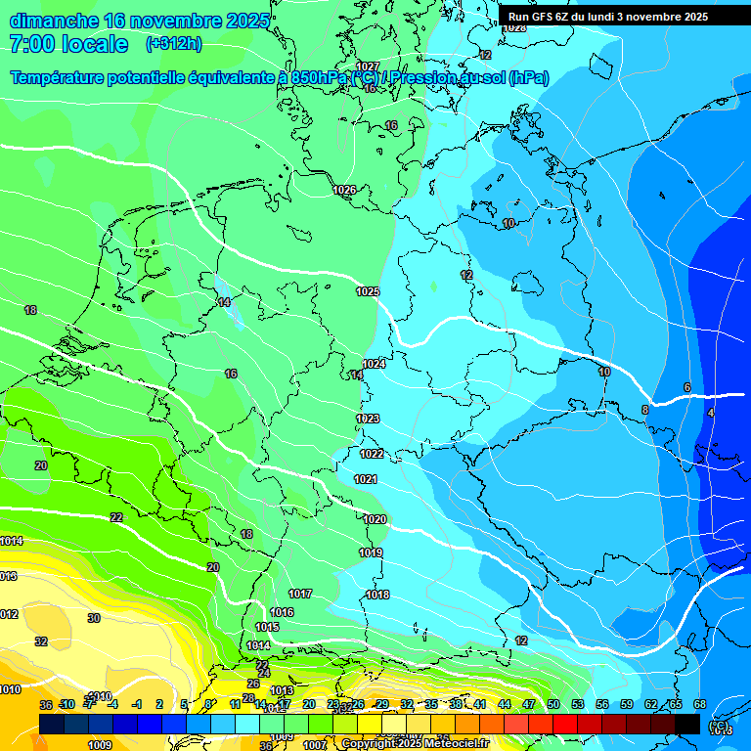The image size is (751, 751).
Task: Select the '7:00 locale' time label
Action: click(68, 44)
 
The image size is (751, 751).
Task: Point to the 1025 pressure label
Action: click(368, 292)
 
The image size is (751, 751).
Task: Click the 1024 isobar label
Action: click(374, 364)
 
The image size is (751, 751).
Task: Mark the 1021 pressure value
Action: click(366, 479)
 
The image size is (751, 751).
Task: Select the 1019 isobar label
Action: click(371, 553)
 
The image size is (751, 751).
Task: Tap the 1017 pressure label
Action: click(300, 595)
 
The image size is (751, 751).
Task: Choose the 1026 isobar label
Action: click(344, 190)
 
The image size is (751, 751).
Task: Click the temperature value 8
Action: click(645, 410)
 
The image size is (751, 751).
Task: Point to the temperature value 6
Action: click(687, 388)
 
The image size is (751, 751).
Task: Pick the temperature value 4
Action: click(710, 415)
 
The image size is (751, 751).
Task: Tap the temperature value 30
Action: click(94, 618)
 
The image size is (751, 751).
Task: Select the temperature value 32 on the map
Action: click(41, 641)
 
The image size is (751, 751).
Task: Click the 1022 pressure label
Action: click(372, 455)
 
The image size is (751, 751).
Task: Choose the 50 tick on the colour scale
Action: click(553, 704)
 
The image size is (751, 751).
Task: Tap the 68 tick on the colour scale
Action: click(700, 704)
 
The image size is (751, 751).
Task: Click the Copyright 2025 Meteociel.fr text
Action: click(416, 744)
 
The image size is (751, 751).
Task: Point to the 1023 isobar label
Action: click(368, 419)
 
